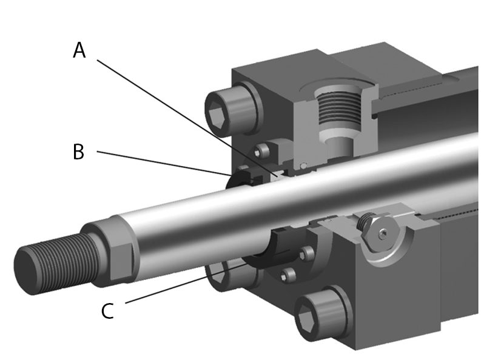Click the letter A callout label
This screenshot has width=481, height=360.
pyautogui.click(x=79, y=50)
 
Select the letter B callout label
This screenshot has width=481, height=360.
pyautogui.click(x=78, y=152)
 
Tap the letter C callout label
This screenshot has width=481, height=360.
pyautogui.click(x=107, y=311)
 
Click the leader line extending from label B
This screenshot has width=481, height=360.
pyautogui.click(x=164, y=163)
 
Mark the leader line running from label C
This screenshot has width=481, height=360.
pyautogui.click(x=182, y=282)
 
